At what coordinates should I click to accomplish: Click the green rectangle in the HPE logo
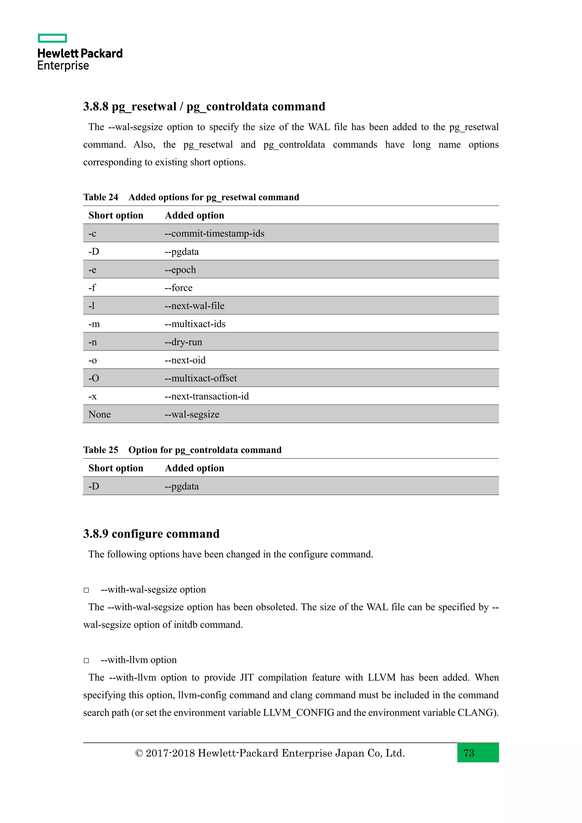52,38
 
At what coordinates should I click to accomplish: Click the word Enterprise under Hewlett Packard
63,66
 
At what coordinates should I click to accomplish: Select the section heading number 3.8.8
96,107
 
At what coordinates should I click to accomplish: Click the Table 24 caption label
101,197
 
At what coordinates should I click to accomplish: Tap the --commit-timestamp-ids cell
214,233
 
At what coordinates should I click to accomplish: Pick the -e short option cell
92,270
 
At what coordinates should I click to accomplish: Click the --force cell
178,288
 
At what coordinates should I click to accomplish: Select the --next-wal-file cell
194,306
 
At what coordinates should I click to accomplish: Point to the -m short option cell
94,324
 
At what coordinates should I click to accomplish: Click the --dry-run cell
183,342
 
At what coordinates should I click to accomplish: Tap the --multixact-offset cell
201,378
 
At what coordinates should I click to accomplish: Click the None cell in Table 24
100,414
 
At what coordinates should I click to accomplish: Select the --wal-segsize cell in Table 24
192,414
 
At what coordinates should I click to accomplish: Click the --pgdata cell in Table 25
181,487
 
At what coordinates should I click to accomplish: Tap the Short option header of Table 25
116,468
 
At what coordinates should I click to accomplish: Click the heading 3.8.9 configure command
151,534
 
